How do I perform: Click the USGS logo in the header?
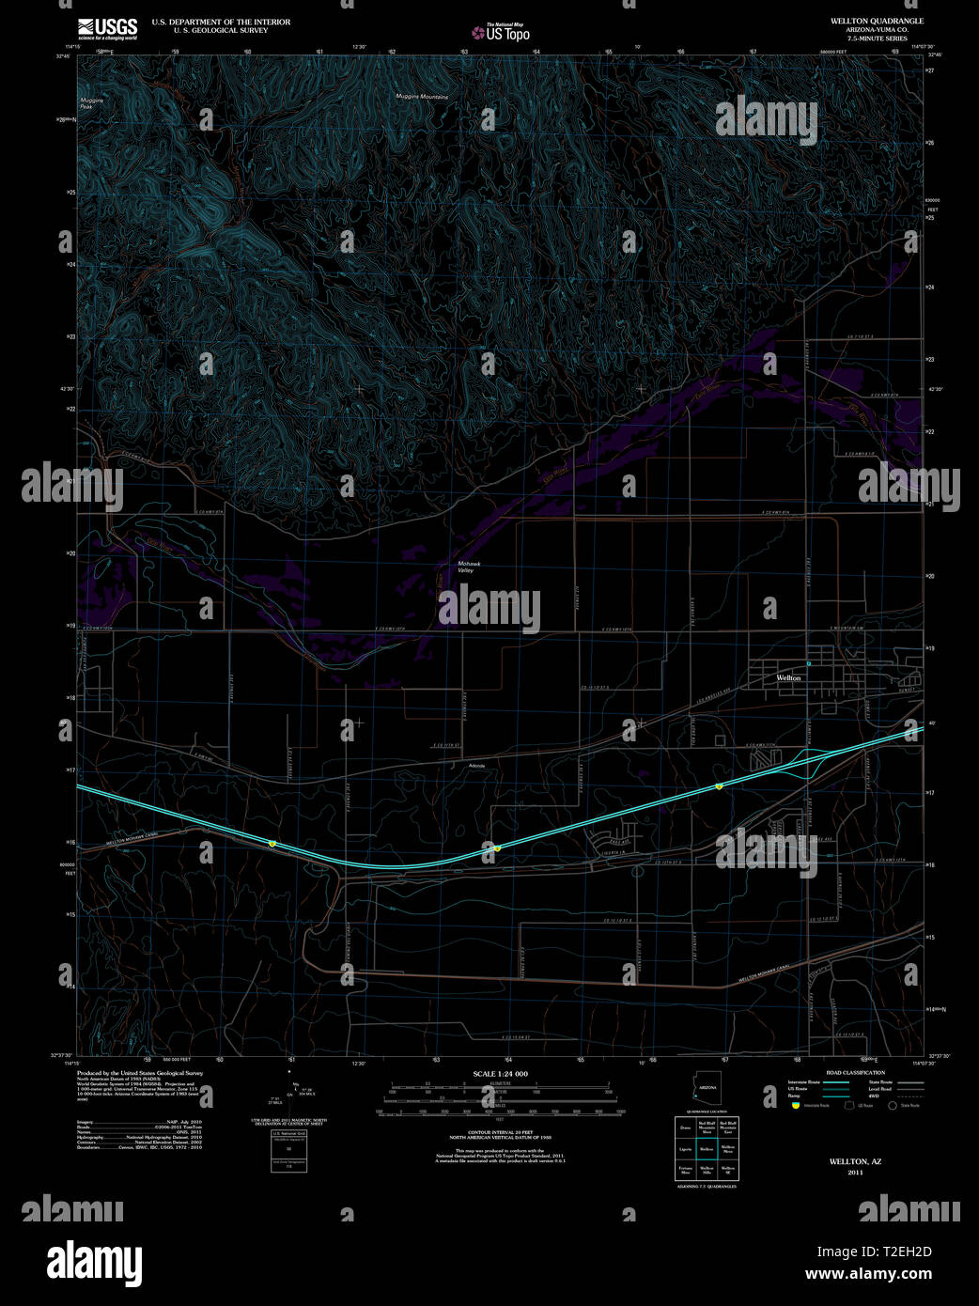point(107,26)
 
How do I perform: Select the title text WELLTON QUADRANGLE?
point(877,21)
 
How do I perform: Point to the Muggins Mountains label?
point(422,97)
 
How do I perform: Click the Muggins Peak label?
point(92,104)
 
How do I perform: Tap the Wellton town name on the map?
point(788,677)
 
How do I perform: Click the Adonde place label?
point(477,766)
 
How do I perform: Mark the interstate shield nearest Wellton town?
point(719,786)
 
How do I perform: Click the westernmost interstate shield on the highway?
point(272,844)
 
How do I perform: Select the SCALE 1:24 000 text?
point(501,1073)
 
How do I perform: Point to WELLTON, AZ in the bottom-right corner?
point(855,1161)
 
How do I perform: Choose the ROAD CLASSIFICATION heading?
point(855,1072)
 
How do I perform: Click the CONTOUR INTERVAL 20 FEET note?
point(500,1135)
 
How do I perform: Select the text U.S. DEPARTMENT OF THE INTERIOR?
point(221,22)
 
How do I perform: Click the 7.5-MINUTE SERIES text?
point(877,39)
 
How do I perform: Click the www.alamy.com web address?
point(868,1274)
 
